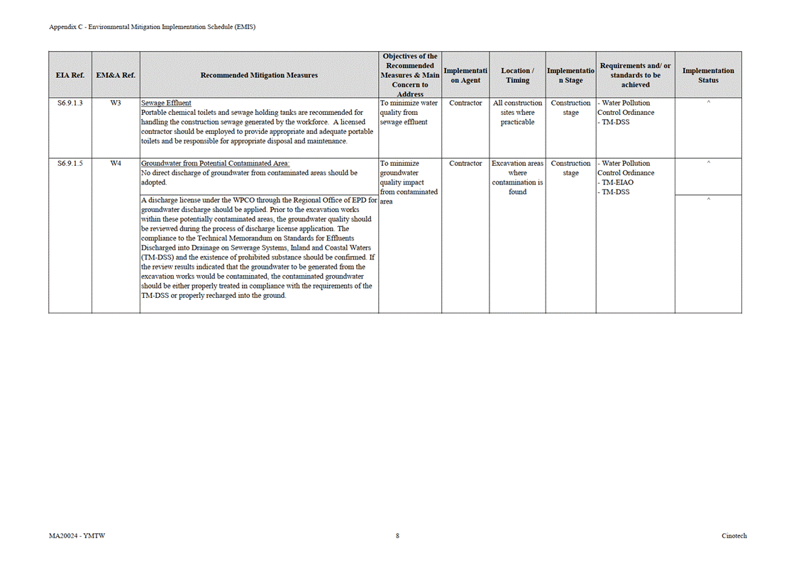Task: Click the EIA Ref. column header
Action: click(70, 75)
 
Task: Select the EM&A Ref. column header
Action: click(116, 75)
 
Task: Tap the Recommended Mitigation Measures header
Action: click(259, 75)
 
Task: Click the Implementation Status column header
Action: click(708, 75)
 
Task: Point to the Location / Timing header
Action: click(517, 75)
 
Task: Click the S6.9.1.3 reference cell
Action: click(70, 104)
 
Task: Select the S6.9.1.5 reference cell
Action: click(70, 164)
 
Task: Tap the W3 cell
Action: click(116, 104)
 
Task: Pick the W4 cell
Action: click(116, 164)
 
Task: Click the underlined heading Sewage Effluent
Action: click(166, 104)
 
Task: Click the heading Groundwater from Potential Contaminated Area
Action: click(215, 164)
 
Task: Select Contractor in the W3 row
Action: click(465, 104)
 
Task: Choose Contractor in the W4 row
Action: click(465, 164)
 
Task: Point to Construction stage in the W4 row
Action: click(570, 168)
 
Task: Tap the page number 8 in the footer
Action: click(397, 536)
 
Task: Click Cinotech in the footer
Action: click(734, 536)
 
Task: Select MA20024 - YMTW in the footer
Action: click(72, 536)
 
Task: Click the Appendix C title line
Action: click(152, 27)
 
